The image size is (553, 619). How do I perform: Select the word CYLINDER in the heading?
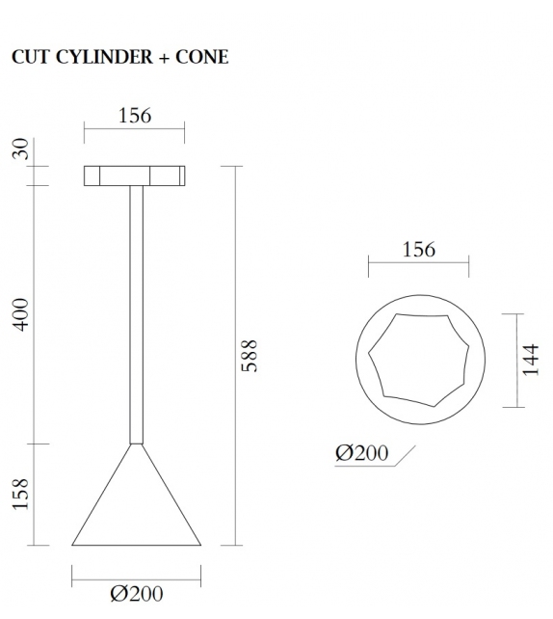(x=98, y=57)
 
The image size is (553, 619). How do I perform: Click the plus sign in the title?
(x=163, y=58)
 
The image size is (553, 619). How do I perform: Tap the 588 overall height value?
(x=250, y=356)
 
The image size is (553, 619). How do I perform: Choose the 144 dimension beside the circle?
(x=531, y=358)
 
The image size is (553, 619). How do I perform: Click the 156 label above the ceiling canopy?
(x=135, y=116)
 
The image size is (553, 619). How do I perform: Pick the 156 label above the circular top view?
(x=418, y=250)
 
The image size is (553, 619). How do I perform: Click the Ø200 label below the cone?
(x=136, y=594)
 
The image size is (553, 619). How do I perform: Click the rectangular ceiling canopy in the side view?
(x=135, y=175)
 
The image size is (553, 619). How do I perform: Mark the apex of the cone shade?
(x=136, y=444)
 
